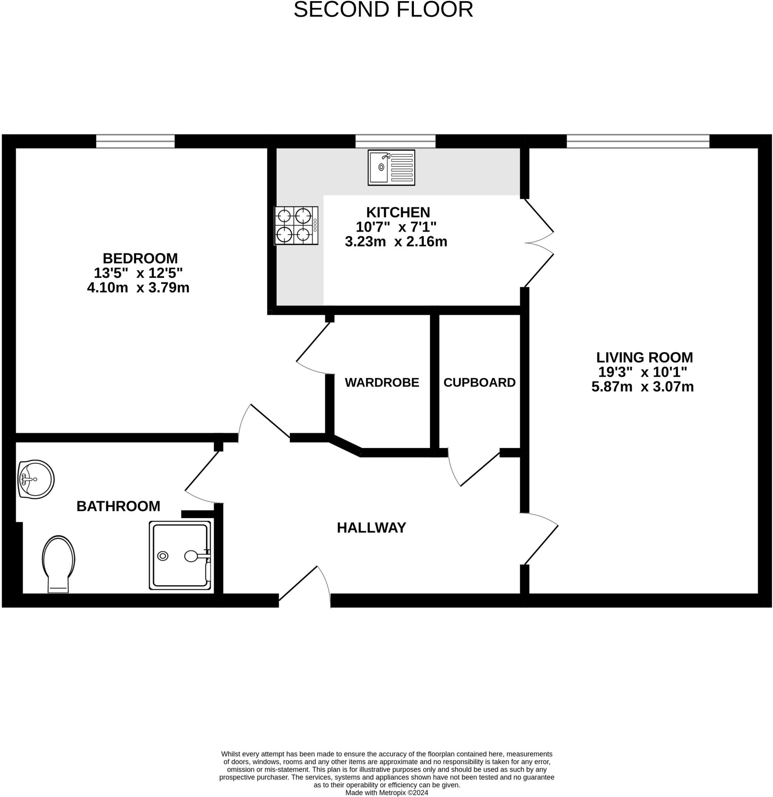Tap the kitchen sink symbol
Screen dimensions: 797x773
[391, 167]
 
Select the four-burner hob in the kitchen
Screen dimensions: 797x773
[296, 226]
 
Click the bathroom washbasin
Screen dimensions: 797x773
[36, 479]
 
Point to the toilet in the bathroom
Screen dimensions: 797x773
[58, 563]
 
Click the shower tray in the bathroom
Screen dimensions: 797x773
[180, 555]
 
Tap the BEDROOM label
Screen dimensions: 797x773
[140, 258]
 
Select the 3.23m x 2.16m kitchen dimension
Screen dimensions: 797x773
[396, 242]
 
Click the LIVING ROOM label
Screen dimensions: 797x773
[644, 357]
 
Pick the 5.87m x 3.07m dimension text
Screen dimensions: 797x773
[642, 386]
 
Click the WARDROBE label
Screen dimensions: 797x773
[382, 382]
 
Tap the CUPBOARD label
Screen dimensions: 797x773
[479, 382]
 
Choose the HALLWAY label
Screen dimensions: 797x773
[371, 527]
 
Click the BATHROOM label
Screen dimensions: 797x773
[118, 506]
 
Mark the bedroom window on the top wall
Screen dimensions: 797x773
[135, 141]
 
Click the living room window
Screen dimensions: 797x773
[638, 141]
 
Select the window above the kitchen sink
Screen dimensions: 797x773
[395, 141]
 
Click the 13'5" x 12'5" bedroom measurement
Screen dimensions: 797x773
[138, 272]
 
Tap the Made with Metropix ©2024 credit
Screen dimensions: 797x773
[387, 793]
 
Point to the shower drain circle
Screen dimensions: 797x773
[163, 556]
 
